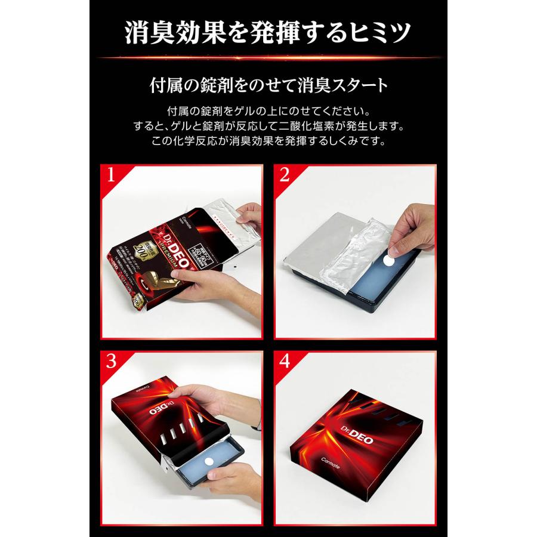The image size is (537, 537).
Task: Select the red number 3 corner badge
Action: coord(109,363)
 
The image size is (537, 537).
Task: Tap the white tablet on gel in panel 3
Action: coord(211,462)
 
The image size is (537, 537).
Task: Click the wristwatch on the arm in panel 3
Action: coord(256,424)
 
